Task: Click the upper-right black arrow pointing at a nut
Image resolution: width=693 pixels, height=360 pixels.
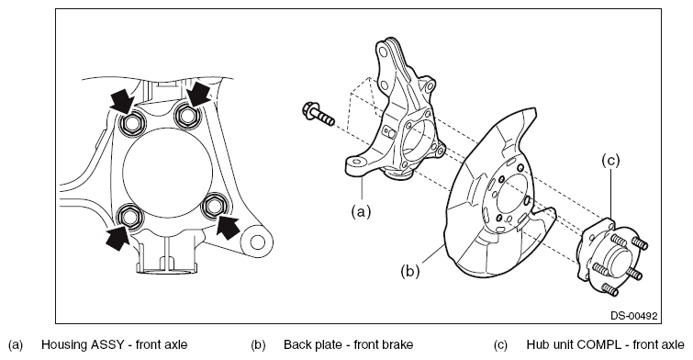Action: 197,95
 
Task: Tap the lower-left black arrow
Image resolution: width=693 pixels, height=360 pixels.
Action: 117,238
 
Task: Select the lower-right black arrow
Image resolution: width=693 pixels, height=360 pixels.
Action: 228,226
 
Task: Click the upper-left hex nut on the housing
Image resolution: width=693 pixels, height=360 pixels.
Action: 131,123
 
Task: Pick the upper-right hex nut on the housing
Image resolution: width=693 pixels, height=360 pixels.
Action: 186,115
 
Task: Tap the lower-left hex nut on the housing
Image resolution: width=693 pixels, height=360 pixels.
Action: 130,216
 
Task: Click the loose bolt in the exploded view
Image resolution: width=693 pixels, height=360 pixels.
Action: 319,114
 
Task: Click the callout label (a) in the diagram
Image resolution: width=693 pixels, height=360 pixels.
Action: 361,212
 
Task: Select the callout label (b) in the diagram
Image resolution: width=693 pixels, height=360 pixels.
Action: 410,271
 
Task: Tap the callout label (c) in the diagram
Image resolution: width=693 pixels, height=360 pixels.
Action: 610,161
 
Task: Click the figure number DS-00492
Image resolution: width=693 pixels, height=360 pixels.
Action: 633,316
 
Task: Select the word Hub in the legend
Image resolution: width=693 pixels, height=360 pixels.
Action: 536,344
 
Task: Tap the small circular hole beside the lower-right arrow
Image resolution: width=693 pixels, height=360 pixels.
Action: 257,242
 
